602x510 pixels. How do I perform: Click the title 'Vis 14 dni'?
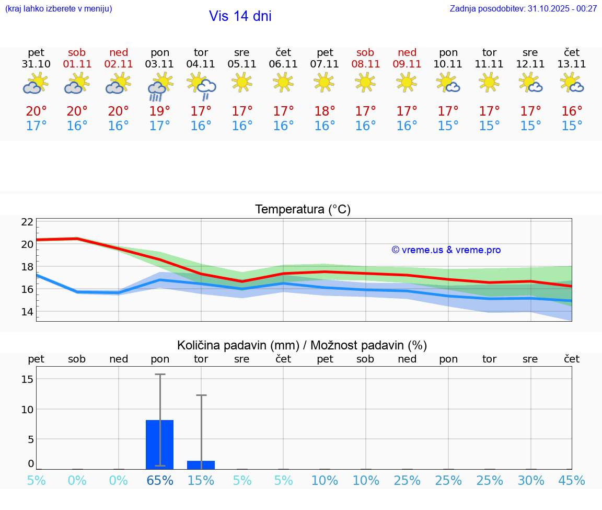(x=240, y=16)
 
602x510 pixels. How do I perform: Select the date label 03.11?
(x=160, y=64)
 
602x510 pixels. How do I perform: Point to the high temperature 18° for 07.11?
(x=325, y=111)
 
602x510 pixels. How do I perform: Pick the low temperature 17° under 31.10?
(x=36, y=126)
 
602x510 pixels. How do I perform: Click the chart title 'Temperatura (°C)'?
(x=303, y=210)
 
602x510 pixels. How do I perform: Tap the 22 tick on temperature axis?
(x=27, y=222)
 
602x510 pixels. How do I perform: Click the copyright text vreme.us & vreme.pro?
(x=446, y=250)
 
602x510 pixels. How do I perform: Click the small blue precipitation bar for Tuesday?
(x=201, y=465)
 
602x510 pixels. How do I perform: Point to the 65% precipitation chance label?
(x=160, y=481)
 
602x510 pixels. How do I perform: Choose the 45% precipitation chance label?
(x=572, y=481)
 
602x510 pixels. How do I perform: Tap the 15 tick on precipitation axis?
(x=27, y=379)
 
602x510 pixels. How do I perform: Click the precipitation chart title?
(x=302, y=345)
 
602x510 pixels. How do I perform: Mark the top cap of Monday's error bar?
(x=160, y=375)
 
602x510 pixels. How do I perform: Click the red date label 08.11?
(x=365, y=64)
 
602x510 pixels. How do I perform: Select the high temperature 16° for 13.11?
(x=572, y=111)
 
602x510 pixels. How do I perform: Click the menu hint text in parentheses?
(x=59, y=9)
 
